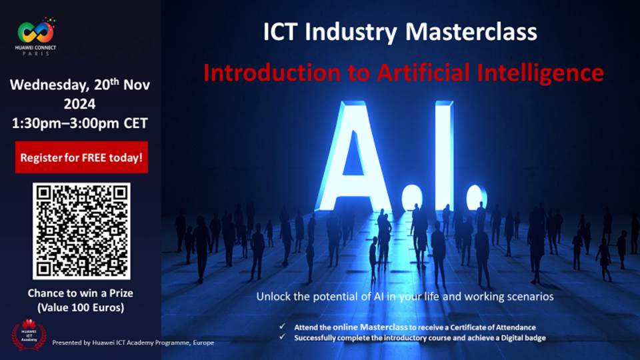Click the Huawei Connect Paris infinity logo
[35, 33]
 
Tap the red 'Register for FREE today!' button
[81, 157]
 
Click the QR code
[81, 231]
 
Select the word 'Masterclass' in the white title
[471, 31]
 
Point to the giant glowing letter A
[354, 155]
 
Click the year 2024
[79, 104]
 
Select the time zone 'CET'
[135, 123]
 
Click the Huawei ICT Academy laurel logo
[29, 335]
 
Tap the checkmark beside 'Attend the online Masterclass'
[282, 326]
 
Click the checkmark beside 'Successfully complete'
[282, 337]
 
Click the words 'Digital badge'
[524, 338]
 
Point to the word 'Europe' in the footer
[203, 343]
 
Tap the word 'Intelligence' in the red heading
[541, 73]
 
